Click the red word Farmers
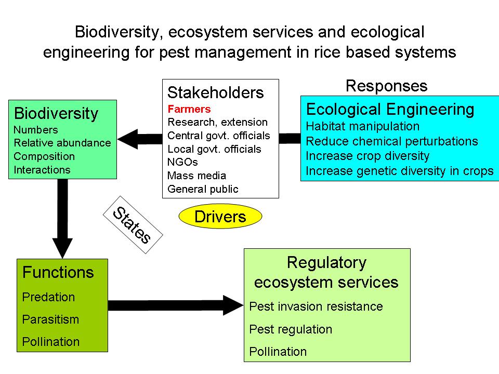[x=189, y=109]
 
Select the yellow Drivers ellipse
[x=220, y=217]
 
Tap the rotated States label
[x=132, y=225]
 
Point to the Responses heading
[x=386, y=86]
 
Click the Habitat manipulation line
[x=362, y=126]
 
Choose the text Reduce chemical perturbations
[x=391, y=141]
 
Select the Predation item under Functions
[x=48, y=297]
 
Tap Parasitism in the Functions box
[x=50, y=319]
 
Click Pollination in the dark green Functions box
[x=50, y=342]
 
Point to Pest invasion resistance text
[x=316, y=306]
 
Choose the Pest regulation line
[x=291, y=329]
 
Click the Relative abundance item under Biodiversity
[x=62, y=143]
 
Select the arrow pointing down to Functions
[x=63, y=218]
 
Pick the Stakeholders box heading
[x=215, y=93]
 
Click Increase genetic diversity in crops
[x=399, y=171]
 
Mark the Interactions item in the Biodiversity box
[x=42, y=170]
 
